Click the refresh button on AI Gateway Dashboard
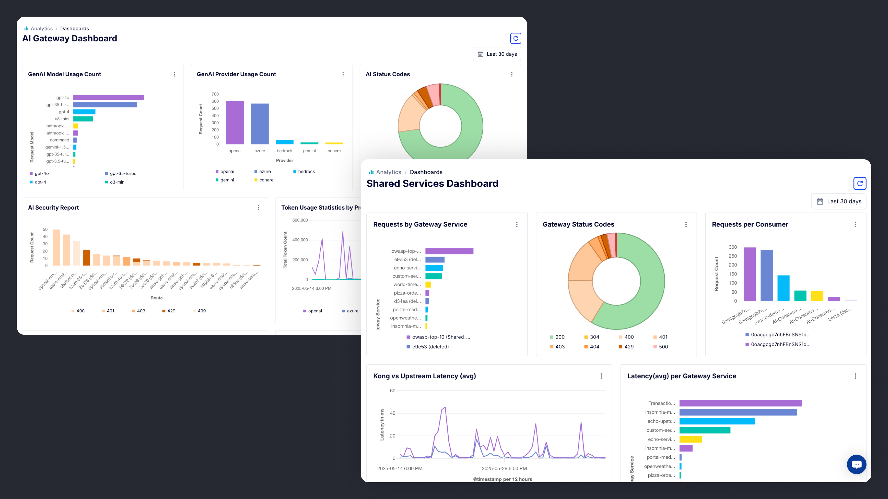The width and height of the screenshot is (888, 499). (x=515, y=38)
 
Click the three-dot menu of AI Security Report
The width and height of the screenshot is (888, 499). (x=258, y=207)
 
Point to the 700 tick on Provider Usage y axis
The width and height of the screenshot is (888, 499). (x=215, y=94)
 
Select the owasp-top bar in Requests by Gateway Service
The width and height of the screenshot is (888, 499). (x=449, y=251)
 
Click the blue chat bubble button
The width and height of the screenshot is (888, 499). (x=856, y=464)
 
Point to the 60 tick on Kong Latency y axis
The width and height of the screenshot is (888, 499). (x=393, y=390)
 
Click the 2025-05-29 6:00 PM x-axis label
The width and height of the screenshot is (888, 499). (x=504, y=468)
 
